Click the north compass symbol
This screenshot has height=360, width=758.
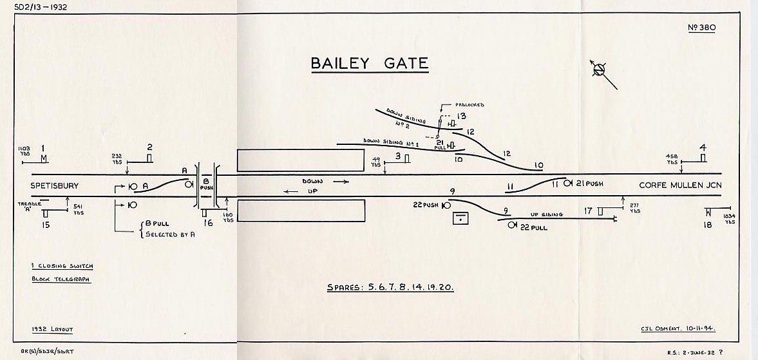point(600,70)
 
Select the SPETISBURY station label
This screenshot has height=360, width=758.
point(55,185)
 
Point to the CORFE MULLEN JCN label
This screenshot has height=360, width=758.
point(680,185)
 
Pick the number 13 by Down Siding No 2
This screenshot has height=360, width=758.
point(461,116)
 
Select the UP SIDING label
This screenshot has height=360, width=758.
point(547,214)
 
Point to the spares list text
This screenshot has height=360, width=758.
point(390,287)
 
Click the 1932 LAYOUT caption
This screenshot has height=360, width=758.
point(52,329)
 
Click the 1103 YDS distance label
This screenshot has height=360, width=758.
point(24,152)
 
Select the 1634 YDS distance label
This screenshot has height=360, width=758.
point(729,220)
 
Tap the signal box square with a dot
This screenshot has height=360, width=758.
point(460,218)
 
